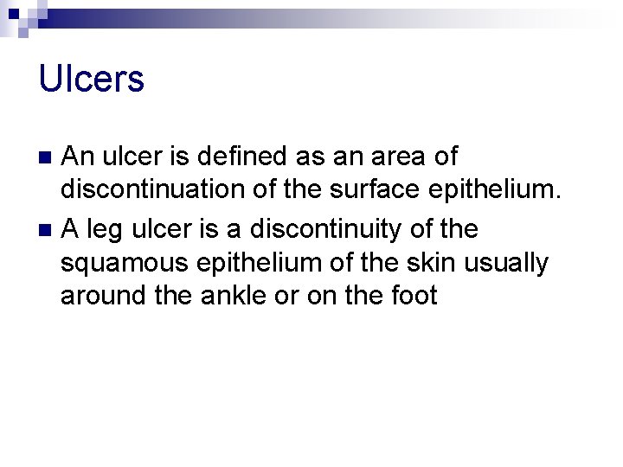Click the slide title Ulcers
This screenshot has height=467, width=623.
point(91,80)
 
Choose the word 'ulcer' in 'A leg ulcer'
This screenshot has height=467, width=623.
point(157,229)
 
